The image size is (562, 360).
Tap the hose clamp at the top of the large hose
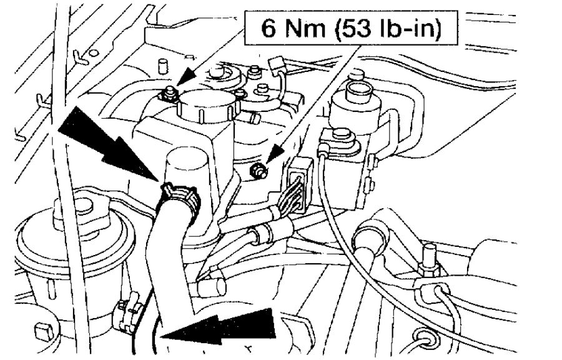180,194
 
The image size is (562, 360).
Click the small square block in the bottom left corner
44,329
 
